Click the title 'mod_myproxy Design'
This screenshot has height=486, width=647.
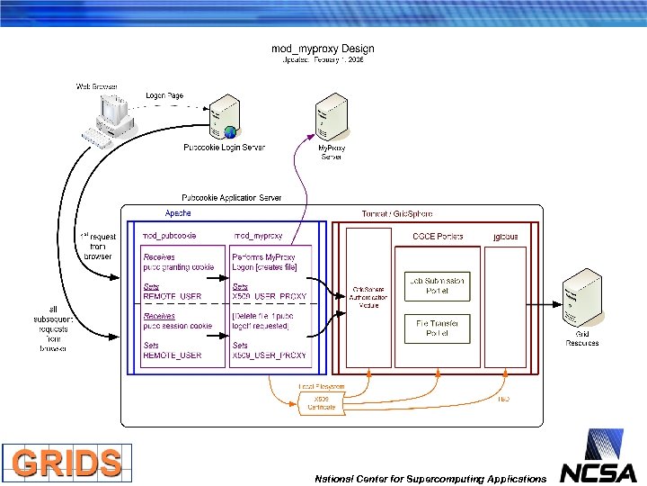(x=323, y=49)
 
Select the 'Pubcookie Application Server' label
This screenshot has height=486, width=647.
(x=231, y=197)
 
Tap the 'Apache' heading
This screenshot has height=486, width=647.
(x=177, y=213)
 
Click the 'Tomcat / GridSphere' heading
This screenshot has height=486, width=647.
(x=398, y=213)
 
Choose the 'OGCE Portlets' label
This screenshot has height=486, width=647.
(x=438, y=236)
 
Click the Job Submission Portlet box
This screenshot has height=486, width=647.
(x=438, y=285)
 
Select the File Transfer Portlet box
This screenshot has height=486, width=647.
(x=438, y=328)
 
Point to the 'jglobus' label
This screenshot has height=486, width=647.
(x=506, y=236)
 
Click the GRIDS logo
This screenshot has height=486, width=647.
(x=66, y=463)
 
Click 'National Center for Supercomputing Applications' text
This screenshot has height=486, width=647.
(x=430, y=478)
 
